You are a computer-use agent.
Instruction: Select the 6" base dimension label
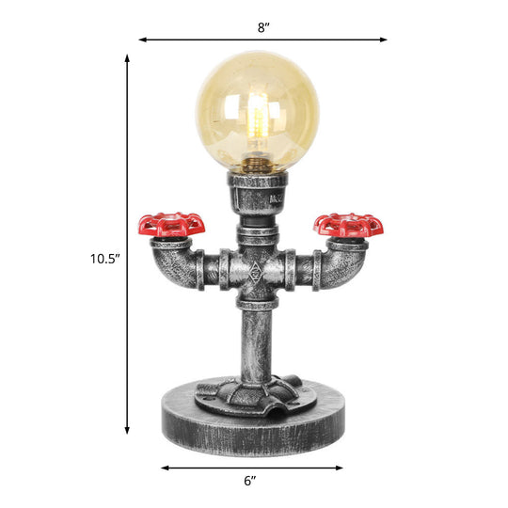point(249,481)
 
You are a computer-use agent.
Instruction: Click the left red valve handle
point(171,224)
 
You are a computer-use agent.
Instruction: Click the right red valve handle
point(348,225)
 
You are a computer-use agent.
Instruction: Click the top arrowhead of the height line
point(127,57)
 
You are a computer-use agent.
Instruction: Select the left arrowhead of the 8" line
point(142,40)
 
